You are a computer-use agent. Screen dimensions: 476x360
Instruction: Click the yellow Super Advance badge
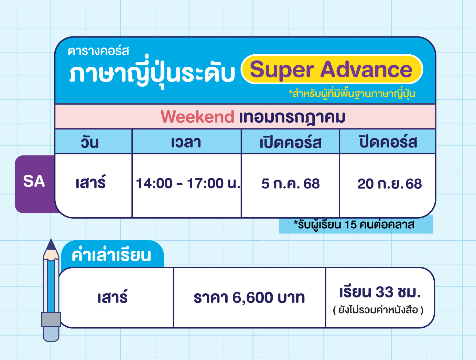[x=332, y=69]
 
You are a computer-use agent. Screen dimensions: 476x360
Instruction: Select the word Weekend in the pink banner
[x=197, y=117]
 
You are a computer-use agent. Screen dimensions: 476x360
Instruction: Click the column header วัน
[x=90, y=142]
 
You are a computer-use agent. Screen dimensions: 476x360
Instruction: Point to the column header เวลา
[x=186, y=142]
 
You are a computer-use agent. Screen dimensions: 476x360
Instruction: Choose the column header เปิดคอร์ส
[x=291, y=142]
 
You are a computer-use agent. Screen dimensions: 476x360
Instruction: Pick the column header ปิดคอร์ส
[x=388, y=142]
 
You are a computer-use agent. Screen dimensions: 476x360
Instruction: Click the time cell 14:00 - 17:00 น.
[x=188, y=183]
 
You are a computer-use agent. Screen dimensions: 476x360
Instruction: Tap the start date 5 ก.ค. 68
[x=291, y=184]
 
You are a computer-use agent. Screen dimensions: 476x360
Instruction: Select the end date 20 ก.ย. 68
[x=389, y=184]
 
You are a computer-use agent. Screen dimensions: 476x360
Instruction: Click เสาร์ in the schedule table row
[x=91, y=182]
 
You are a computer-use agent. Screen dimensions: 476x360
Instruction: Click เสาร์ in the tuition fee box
[x=112, y=296]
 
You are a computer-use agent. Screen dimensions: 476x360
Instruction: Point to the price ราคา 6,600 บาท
[x=249, y=297]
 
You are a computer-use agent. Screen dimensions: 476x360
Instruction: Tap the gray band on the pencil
[x=51, y=319]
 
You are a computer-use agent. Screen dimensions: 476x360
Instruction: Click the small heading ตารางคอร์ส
[x=98, y=51]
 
